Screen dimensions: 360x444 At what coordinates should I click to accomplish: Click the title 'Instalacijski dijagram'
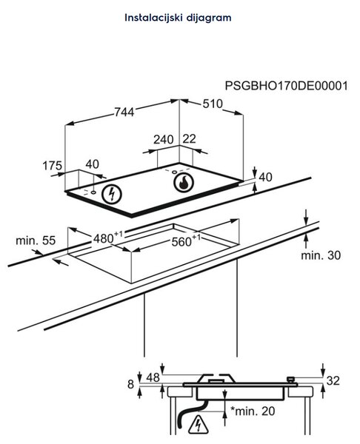tap(178, 18)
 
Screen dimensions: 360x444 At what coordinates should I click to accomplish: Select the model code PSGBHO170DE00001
tap(287, 86)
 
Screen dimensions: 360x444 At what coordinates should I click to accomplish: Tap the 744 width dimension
tap(124, 112)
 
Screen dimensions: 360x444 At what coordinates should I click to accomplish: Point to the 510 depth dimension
tap(213, 104)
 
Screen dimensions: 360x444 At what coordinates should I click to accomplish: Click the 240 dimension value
tap(164, 140)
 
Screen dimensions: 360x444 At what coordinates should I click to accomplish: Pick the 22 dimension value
tap(190, 139)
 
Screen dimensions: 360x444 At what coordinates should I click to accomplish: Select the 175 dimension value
tap(52, 166)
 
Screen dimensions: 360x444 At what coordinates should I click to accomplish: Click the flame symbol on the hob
tap(184, 182)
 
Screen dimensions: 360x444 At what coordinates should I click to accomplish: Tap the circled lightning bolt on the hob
tap(112, 194)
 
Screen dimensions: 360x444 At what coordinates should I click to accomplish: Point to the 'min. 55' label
tap(36, 240)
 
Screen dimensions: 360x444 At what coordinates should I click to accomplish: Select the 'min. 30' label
tap(321, 255)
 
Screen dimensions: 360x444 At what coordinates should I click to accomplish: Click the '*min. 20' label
tap(253, 411)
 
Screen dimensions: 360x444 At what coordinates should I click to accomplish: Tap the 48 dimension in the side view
tap(153, 377)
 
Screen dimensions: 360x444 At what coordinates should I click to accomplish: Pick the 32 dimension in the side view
tap(333, 380)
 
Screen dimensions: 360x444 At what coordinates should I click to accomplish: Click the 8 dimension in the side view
tap(130, 385)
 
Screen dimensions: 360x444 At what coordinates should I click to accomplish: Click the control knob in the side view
tap(291, 380)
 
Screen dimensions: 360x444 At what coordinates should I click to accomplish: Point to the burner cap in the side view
tap(217, 379)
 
